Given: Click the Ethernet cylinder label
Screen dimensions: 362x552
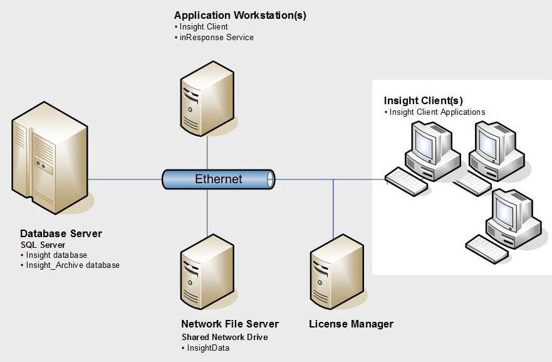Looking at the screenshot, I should (218, 179).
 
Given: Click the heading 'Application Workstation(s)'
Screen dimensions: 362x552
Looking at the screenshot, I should (240, 15).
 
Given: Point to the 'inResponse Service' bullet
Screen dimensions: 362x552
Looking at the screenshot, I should (216, 37).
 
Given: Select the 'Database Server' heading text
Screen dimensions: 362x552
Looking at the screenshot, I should (61, 233).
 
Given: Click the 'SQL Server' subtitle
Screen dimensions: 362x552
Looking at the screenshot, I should (42, 245).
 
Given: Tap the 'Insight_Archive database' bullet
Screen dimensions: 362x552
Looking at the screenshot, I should (72, 265).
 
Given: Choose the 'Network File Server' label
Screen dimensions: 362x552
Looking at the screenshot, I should (229, 324).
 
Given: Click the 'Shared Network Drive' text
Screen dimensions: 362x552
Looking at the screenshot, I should (224, 337).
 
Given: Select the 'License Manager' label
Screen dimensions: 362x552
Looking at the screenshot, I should (351, 324).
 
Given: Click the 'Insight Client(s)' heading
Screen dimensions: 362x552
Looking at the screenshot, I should (423, 100).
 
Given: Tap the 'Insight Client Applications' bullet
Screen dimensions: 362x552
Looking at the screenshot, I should (437, 112).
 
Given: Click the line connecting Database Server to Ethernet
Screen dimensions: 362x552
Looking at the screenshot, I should (125, 179).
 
